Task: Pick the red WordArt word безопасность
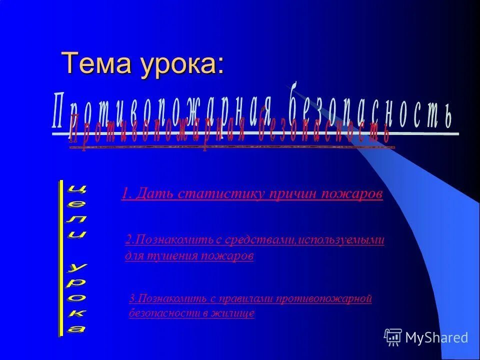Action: click(325, 131)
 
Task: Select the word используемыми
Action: click(341, 240)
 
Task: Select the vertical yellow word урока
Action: click(76, 297)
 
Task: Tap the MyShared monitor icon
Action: click(393, 337)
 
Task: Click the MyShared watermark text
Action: click(436, 337)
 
